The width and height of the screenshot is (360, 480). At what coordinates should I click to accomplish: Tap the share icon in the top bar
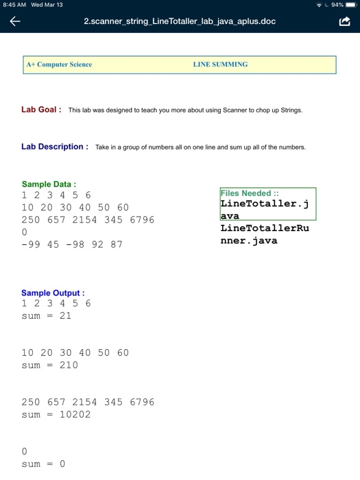344,21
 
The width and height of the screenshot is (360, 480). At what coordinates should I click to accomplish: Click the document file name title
180,21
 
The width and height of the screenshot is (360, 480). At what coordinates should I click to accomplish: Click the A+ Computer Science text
59,64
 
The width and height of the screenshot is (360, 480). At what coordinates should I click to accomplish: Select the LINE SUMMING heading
220,64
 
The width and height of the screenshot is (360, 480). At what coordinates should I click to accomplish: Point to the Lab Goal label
41,109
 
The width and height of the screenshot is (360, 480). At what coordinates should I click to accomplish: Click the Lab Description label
54,146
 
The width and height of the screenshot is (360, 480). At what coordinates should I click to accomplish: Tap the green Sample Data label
49,184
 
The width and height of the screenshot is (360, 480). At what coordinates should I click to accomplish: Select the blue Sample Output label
53,293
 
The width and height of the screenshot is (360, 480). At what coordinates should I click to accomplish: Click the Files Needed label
245,193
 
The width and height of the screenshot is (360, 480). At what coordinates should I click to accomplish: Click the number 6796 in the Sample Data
142,219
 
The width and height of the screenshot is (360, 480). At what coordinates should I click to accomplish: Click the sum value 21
65,316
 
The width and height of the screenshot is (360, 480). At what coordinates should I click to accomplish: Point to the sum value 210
69,365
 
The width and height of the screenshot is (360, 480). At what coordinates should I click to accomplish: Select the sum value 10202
75,415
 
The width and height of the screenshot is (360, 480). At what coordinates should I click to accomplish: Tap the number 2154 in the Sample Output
84,403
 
